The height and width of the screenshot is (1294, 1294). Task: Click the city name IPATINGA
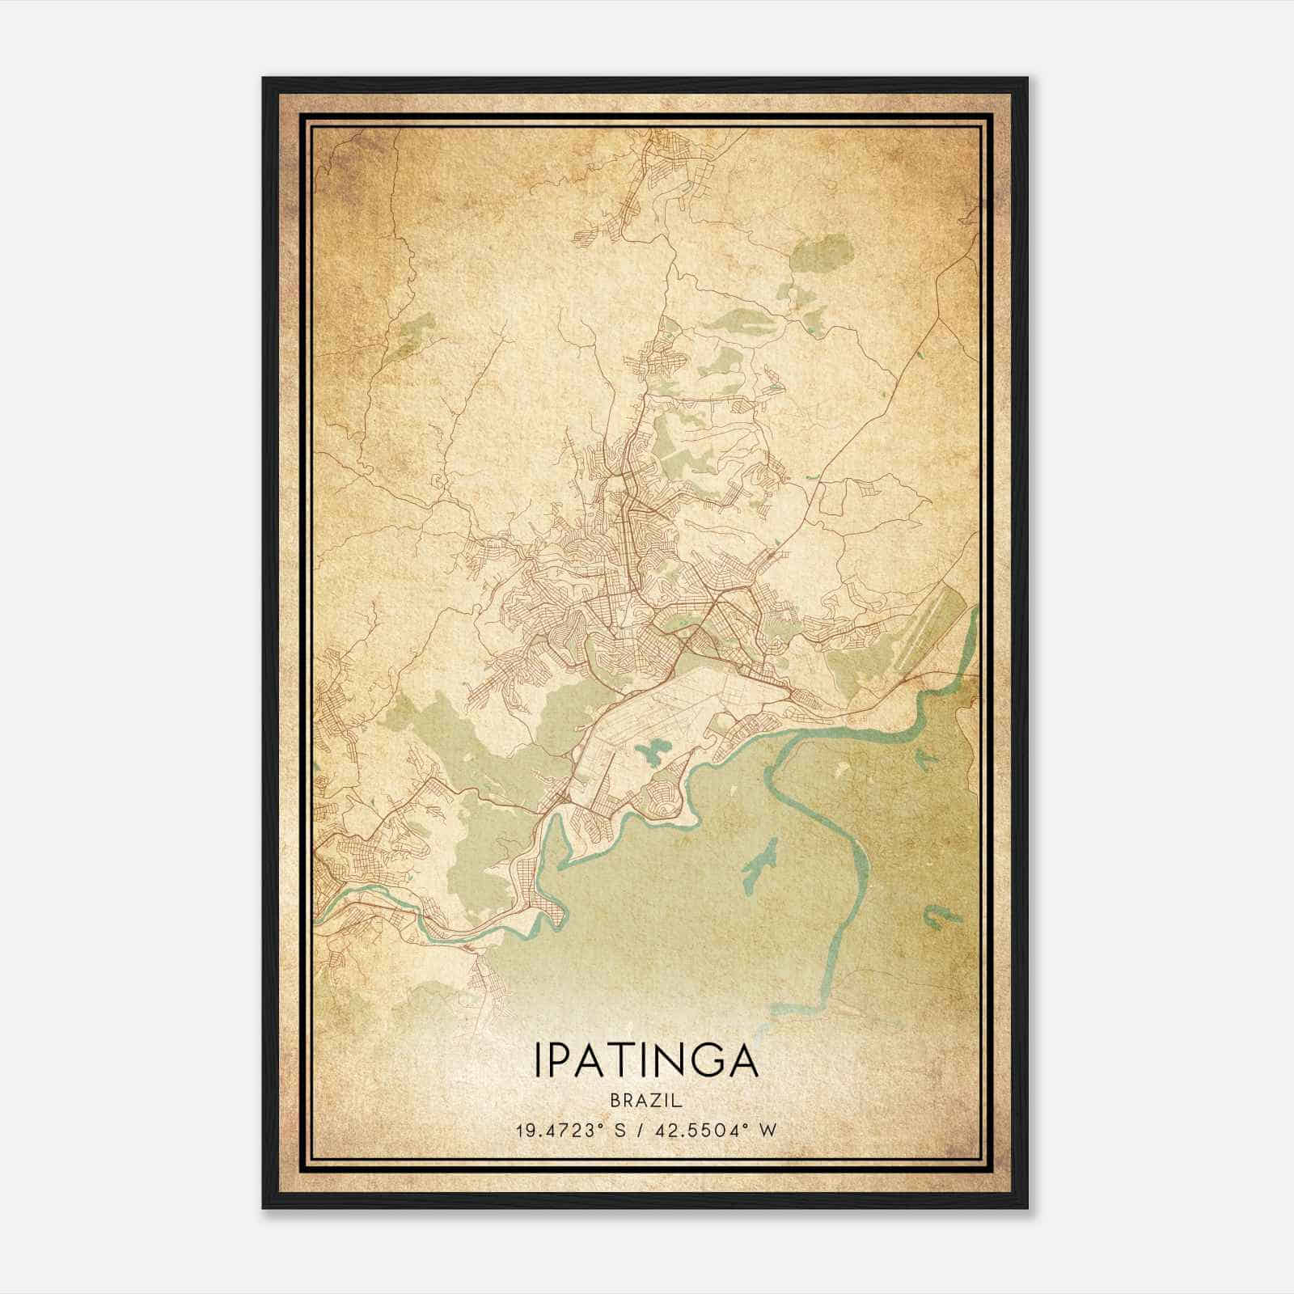pyautogui.click(x=646, y=1060)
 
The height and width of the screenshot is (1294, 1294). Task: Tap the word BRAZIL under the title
pyautogui.click(x=646, y=1101)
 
